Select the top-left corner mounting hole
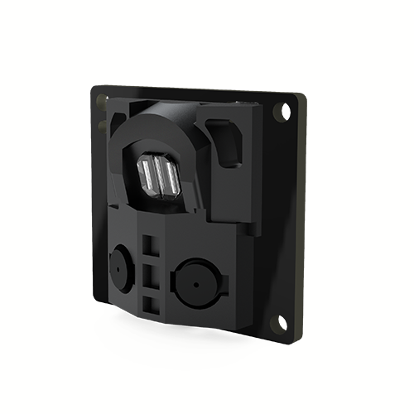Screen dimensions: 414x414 (103, 101)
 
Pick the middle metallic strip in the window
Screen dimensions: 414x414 (158, 176)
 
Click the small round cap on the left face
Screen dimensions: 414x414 (121, 267)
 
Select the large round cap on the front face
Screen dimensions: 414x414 (195, 282)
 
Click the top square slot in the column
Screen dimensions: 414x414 (149, 246)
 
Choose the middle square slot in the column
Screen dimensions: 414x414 (149, 274)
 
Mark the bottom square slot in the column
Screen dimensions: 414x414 (150, 302)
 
